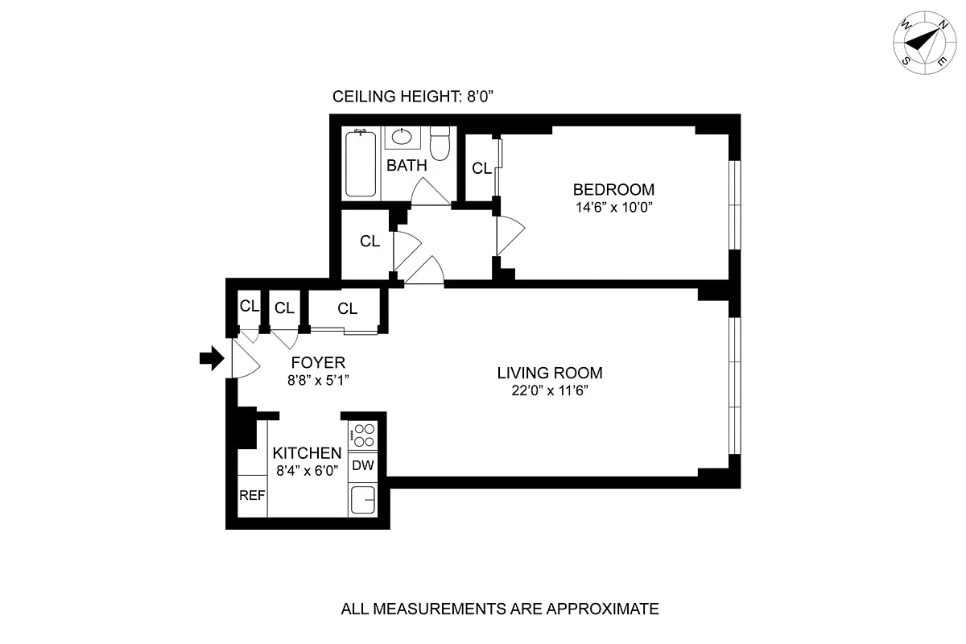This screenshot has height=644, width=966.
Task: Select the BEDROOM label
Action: [x=613, y=190]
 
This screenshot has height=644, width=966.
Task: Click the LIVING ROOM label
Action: [x=550, y=373]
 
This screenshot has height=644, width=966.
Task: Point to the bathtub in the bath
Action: [x=361, y=164]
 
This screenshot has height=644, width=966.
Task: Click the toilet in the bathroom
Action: [x=440, y=143]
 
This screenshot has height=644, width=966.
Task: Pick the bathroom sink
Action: [x=400, y=137]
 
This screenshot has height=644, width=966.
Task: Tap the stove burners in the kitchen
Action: [x=364, y=435]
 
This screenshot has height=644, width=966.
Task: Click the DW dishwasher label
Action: [x=363, y=465]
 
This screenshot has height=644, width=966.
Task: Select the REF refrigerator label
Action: [x=252, y=495]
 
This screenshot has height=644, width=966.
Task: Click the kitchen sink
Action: [x=364, y=502]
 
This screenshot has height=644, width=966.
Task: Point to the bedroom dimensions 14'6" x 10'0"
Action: [x=613, y=207]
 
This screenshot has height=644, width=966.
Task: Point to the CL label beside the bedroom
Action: [x=481, y=168]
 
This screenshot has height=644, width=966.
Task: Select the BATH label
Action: [x=407, y=166]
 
